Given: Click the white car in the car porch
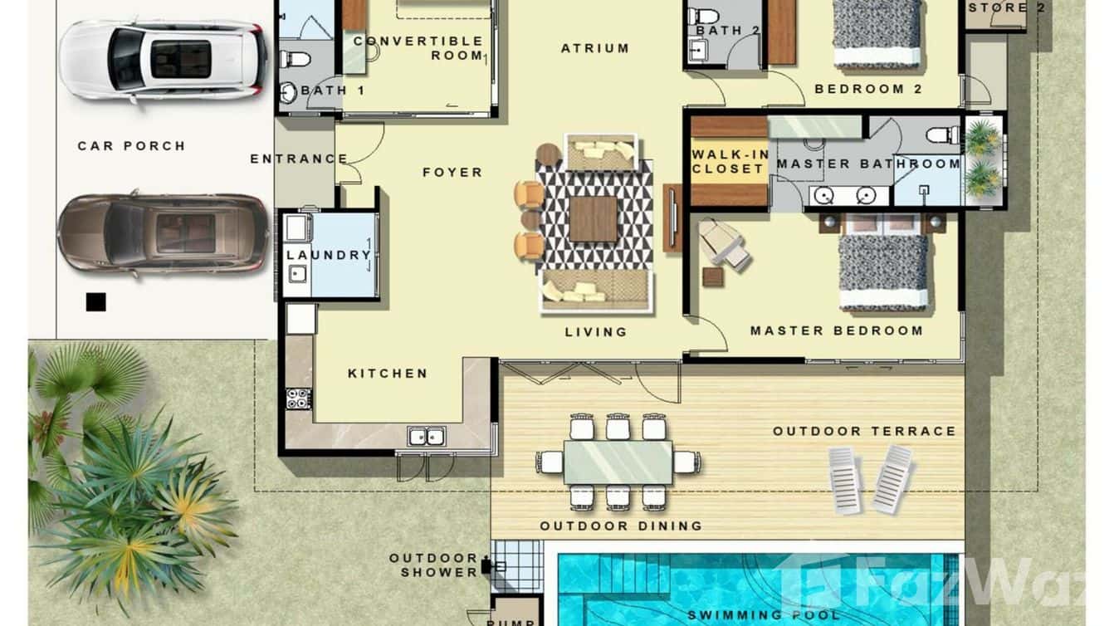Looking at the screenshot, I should pos(163,60).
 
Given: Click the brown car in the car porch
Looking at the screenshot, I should pos(163,234).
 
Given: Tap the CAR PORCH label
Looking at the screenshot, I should pos(131,146).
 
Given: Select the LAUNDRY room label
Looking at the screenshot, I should pos(329,255).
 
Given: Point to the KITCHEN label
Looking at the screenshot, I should pos(388,374).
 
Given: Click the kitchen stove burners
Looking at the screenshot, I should pos(298,399).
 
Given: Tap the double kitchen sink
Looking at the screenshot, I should pos(426,436).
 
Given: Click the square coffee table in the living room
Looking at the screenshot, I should pos(594,218).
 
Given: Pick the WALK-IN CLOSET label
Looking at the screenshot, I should pos(728,162).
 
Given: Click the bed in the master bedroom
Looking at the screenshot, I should pos(882,270).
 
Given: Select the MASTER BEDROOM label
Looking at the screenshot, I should pos(836,330).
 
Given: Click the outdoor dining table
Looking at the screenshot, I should pos(618,462).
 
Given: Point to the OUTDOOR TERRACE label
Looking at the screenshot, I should pos(864,432).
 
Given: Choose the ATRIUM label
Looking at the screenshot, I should pos(594,48).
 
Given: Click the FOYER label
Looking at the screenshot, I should pos(452,173).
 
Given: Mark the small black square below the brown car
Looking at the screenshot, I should pos(95,302).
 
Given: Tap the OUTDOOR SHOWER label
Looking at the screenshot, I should pos(433,565).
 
